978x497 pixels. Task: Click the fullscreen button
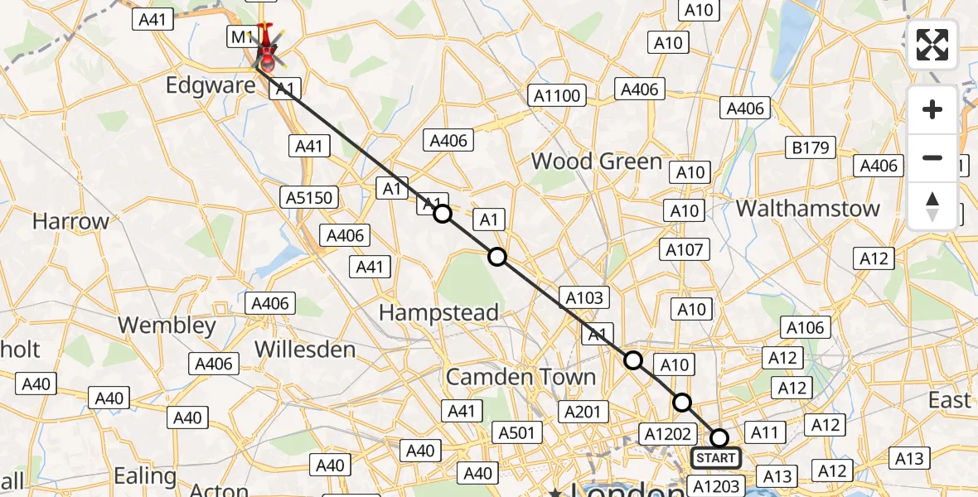(x=932, y=45)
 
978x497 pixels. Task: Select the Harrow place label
(x=70, y=222)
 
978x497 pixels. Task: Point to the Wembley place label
(x=167, y=326)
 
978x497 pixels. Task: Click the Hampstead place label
(x=438, y=312)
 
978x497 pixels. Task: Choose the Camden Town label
(x=520, y=377)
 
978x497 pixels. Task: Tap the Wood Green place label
(x=596, y=161)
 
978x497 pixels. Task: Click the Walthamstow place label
(x=807, y=208)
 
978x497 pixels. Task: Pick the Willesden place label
(x=305, y=349)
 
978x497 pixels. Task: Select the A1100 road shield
(x=557, y=96)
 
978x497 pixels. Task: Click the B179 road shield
(x=811, y=147)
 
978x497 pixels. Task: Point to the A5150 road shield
(x=309, y=197)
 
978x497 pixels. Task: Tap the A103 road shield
(x=585, y=298)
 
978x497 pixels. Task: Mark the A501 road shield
(x=519, y=432)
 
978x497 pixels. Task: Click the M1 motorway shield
(x=240, y=36)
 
